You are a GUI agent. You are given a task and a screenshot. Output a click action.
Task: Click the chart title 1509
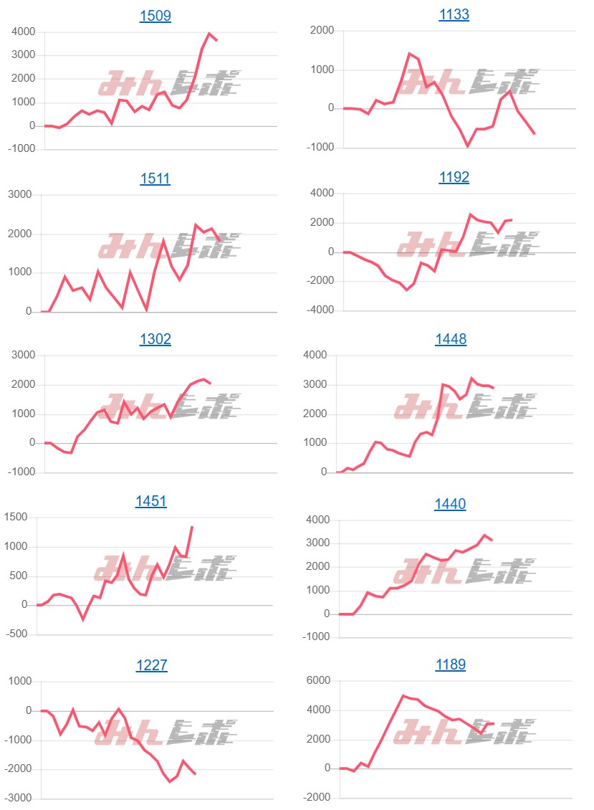[155, 16]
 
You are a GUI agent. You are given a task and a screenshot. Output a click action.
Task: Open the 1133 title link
[454, 14]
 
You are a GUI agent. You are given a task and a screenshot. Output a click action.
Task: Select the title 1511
[155, 178]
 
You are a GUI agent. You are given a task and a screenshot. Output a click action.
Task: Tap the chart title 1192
[454, 177]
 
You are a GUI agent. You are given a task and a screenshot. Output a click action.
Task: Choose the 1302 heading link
[155, 339]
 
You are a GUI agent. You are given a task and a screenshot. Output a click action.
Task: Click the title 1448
[451, 339]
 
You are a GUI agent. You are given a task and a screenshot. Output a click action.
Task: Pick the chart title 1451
[151, 501]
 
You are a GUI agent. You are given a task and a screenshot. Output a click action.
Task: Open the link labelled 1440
[450, 504]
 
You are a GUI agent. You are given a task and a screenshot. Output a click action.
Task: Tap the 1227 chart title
[151, 665]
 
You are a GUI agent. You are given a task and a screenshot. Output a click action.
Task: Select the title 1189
[450, 664]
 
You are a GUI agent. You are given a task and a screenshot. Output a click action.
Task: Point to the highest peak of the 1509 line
[209, 33]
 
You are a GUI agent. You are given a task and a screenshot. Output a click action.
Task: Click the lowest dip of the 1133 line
[468, 146]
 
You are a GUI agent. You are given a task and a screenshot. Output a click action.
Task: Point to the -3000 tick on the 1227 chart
[19, 799]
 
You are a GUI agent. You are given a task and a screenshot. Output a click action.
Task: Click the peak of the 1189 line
[403, 695]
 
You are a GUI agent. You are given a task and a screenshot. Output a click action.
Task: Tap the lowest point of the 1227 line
[170, 781]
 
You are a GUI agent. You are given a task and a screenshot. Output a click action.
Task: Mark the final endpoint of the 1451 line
[192, 527]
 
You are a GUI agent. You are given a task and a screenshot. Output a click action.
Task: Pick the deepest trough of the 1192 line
[406, 290]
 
